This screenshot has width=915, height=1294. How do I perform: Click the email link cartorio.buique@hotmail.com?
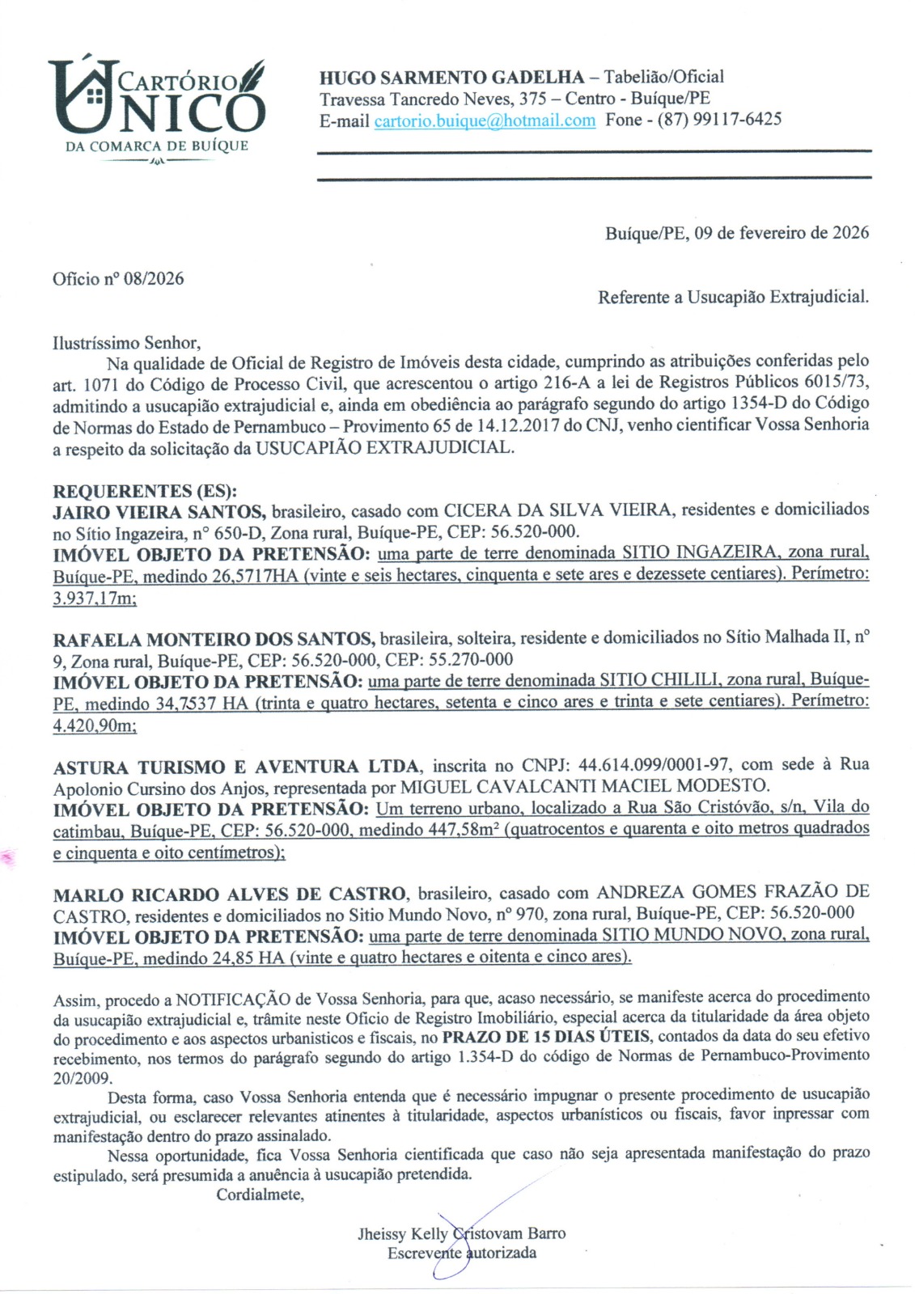click(x=485, y=121)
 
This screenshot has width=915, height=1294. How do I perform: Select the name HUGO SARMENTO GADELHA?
click(x=451, y=78)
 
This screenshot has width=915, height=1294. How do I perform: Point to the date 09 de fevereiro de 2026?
click(x=782, y=233)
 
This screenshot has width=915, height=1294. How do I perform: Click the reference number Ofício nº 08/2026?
click(x=118, y=279)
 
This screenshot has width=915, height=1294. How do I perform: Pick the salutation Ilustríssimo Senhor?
click(x=126, y=343)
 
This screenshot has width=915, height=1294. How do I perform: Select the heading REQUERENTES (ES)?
click(x=145, y=491)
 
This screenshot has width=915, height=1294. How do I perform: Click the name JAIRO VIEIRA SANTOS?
click(x=159, y=511)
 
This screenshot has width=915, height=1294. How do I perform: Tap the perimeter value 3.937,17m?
click(x=94, y=599)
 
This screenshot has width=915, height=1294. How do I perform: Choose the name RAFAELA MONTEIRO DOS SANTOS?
click(x=214, y=639)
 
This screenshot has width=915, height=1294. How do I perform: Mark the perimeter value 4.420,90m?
click(x=94, y=726)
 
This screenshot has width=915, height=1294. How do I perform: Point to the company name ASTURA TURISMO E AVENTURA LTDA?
click(x=236, y=767)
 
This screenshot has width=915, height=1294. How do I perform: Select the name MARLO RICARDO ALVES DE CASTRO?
click(x=230, y=894)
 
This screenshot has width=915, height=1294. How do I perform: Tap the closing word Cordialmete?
click(x=260, y=1195)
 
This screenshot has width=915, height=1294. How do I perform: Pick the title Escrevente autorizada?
click(x=461, y=1254)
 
